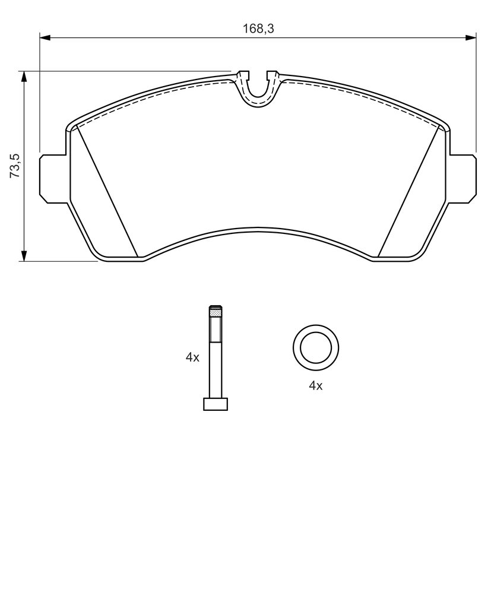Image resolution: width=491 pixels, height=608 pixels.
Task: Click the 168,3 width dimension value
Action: click(258, 28)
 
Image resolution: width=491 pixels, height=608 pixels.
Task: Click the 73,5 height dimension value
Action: click(14, 166)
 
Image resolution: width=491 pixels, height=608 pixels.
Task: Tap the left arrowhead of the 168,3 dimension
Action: click(45, 37)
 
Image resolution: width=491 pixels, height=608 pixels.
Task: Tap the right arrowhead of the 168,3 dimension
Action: click(470, 37)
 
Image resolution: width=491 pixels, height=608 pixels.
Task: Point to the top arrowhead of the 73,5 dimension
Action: click(24, 77)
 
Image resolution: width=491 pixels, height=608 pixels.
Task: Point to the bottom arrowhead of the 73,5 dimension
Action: click(24, 255)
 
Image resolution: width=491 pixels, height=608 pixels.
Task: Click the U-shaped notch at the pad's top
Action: click(258, 88)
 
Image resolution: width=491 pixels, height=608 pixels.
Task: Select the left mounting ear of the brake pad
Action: click(54, 178)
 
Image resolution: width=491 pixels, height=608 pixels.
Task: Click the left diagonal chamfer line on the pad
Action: click(108, 191)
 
